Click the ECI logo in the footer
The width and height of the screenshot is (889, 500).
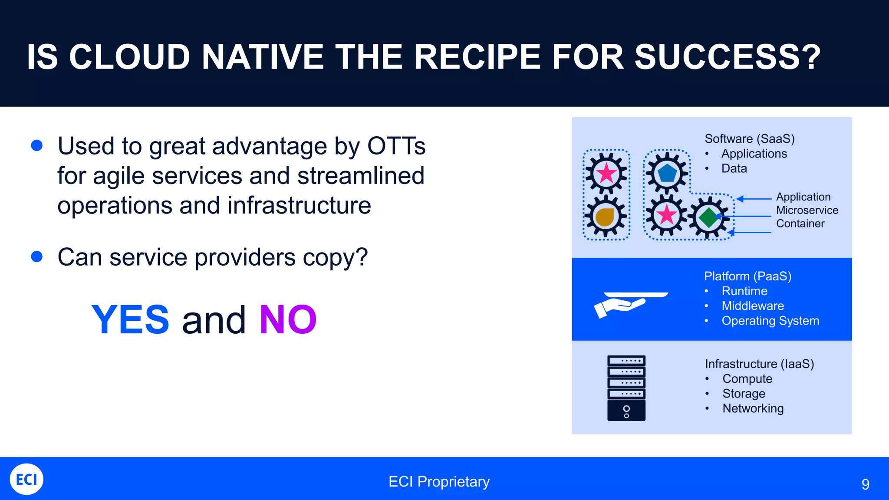26,479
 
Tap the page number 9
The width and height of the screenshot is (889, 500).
865,484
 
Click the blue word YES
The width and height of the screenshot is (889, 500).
130,320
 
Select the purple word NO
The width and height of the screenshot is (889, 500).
288,320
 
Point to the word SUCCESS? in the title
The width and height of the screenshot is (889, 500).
728,57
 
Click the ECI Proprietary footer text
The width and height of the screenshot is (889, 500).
439,482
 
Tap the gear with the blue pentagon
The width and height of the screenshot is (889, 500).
667,173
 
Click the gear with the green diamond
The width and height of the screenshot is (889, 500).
709,217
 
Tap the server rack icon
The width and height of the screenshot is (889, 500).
626,388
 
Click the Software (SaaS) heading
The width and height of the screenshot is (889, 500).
749,139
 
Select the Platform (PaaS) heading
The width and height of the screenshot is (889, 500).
747,276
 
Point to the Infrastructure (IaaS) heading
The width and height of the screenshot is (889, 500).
759,364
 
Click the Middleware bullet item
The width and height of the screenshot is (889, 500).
753,306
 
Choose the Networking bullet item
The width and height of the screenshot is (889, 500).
753,408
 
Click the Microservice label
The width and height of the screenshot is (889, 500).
807,211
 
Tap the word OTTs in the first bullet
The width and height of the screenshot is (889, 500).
396,146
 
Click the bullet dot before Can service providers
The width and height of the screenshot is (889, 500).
37,257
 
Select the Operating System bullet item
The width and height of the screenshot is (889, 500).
770,321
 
